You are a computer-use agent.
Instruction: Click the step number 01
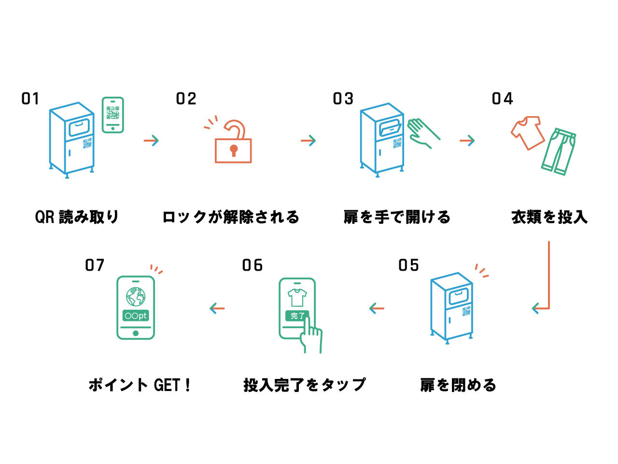(x=30, y=99)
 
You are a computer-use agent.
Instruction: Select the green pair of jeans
(x=559, y=151)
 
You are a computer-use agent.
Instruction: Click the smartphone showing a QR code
(x=112, y=115)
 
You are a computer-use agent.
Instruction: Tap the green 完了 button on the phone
(x=297, y=316)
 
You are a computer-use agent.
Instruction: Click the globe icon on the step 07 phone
(x=136, y=296)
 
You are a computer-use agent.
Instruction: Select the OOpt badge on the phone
(x=136, y=316)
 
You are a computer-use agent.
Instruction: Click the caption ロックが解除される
(x=231, y=217)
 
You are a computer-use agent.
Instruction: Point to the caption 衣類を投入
(x=549, y=217)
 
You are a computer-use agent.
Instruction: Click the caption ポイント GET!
(x=140, y=385)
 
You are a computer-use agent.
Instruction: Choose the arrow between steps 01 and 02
(x=151, y=141)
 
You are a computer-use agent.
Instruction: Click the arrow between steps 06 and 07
(x=217, y=308)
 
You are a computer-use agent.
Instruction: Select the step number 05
(x=408, y=265)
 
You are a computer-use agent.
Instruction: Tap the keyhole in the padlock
(x=234, y=150)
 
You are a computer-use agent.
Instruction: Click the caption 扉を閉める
(x=458, y=385)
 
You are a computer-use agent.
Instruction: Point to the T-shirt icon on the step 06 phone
(x=297, y=297)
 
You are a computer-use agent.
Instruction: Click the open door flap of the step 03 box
(x=390, y=129)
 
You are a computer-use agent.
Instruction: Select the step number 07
(x=95, y=265)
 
